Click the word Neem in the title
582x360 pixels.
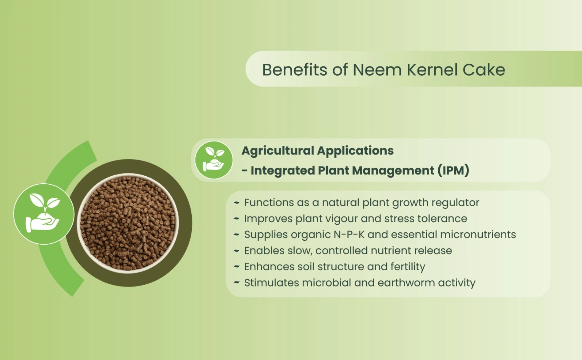pyautogui.click(x=377, y=70)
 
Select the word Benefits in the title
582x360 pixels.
pyautogui.click(x=294, y=70)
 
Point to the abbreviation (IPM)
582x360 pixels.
pyautogui.click(x=453, y=171)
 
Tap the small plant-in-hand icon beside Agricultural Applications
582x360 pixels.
pyautogui.click(x=214, y=160)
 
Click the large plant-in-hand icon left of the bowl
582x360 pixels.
pyautogui.click(x=44, y=214)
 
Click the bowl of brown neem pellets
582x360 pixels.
pyautogui.click(x=128, y=223)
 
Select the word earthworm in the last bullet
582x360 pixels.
pyautogui.click(x=406, y=283)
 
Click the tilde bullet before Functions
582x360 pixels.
pyautogui.click(x=236, y=203)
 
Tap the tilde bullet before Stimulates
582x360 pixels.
pyautogui.click(x=236, y=283)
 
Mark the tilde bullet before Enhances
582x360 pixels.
pyautogui.click(x=236, y=267)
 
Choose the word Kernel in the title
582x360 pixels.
pyautogui.click(x=432, y=70)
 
